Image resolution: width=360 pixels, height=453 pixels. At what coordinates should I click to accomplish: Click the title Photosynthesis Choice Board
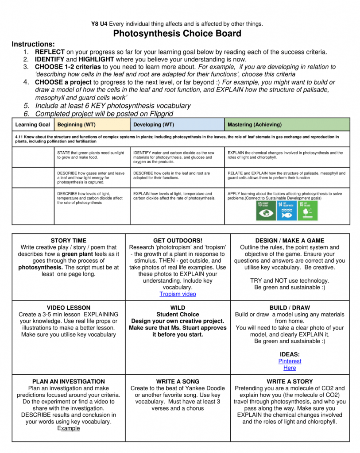pos(177,34)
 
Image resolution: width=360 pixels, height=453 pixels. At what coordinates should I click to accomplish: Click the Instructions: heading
pos(33,44)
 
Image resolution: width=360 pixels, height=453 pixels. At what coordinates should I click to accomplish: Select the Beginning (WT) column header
pos(76,125)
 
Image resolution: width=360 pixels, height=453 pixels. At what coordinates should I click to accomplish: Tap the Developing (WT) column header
pos(153,125)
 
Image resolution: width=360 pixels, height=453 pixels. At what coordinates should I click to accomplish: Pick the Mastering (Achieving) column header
pos(254,125)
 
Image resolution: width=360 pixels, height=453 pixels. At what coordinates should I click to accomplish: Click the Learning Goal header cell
pos(32,125)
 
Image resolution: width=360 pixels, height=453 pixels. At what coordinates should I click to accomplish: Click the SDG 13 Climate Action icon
pos(266,211)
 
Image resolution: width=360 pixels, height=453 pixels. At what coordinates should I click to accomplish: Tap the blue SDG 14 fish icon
pos(286,211)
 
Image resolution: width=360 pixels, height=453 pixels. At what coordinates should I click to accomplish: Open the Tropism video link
pos(178,294)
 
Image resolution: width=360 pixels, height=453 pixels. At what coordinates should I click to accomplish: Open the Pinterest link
pos(290,361)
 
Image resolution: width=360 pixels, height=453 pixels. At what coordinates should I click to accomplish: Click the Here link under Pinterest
pos(290,368)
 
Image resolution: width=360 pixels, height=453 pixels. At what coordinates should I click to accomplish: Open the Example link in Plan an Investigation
pos(68,428)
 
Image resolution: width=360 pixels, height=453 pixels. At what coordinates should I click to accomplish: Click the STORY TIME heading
pos(68,241)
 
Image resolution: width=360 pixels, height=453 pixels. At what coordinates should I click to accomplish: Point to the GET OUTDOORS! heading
pos(178,241)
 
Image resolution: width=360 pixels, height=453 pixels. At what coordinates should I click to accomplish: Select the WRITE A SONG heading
pos(178,381)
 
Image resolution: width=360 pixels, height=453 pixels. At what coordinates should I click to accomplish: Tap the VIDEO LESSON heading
pos(68,307)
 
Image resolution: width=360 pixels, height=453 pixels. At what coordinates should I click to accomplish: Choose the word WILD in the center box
pos(178,307)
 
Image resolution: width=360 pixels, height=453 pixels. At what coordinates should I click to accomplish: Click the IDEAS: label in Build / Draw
pos(290,354)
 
